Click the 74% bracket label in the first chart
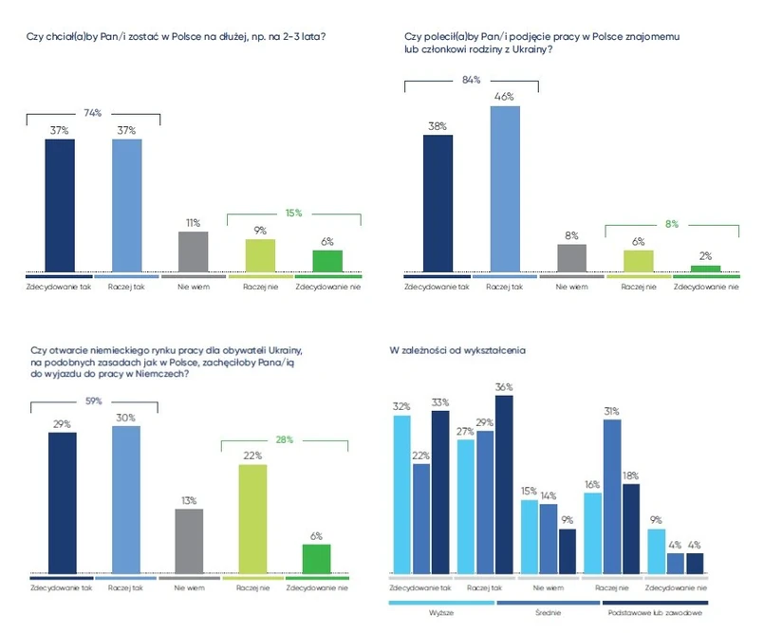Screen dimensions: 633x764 93,112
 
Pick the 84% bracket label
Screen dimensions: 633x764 471,79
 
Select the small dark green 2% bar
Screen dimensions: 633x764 704,269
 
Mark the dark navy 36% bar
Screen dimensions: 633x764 503,484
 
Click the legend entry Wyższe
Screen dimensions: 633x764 440,613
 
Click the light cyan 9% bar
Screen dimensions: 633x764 656,550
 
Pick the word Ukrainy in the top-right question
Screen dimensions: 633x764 535,49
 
